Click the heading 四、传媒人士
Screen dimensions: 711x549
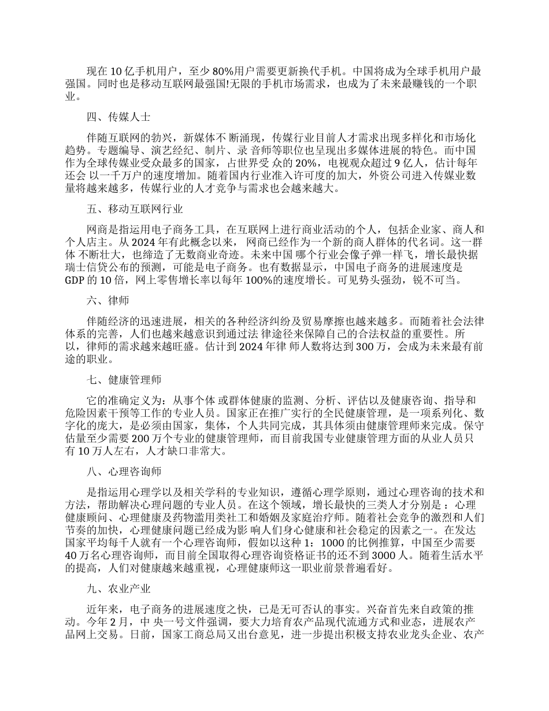pos(118,117)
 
